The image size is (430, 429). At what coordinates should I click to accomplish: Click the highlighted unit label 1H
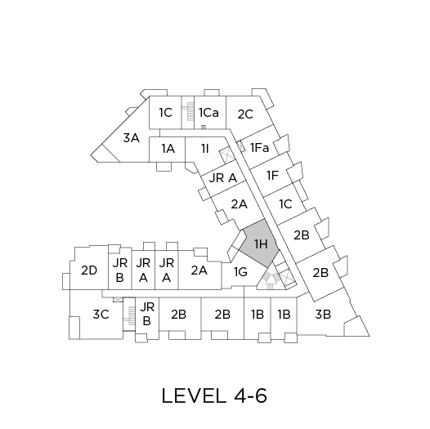point(261,244)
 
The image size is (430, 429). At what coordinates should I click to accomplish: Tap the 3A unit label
point(132,137)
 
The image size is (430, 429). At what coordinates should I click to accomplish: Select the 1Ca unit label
point(208,113)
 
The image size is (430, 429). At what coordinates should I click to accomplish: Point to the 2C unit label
point(245,114)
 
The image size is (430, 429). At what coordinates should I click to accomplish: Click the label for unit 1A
point(168,149)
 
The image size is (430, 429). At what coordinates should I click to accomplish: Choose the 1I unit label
point(205,149)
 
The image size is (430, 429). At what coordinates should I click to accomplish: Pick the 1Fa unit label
point(260,148)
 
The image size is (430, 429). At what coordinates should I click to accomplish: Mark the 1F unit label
point(272,176)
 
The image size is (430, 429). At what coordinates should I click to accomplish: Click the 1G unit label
point(240,272)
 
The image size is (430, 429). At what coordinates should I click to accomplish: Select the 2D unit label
point(89,270)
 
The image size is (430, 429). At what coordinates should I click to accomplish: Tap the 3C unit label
point(101,314)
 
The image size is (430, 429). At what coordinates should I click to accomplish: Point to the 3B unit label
point(323,314)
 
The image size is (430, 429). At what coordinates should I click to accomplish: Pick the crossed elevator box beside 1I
point(227,155)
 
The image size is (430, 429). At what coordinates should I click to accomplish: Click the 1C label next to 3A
point(166,113)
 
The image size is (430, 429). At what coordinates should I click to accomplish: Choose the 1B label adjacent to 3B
point(284,314)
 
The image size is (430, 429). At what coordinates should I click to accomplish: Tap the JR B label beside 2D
point(120,270)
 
